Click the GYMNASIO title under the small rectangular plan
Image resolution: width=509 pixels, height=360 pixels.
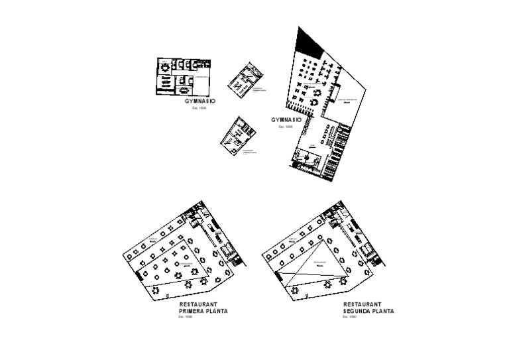click(x=200, y=101)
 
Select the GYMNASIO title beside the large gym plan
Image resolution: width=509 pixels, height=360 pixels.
click(x=286, y=120)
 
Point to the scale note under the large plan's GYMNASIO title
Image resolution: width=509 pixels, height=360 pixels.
click(x=286, y=126)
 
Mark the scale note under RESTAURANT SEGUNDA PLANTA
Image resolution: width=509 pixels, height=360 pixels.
click(x=349, y=316)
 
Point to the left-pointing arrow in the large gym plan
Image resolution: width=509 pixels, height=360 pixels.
click(x=311, y=148)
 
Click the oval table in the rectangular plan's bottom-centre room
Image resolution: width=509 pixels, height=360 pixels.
click(x=182, y=87)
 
